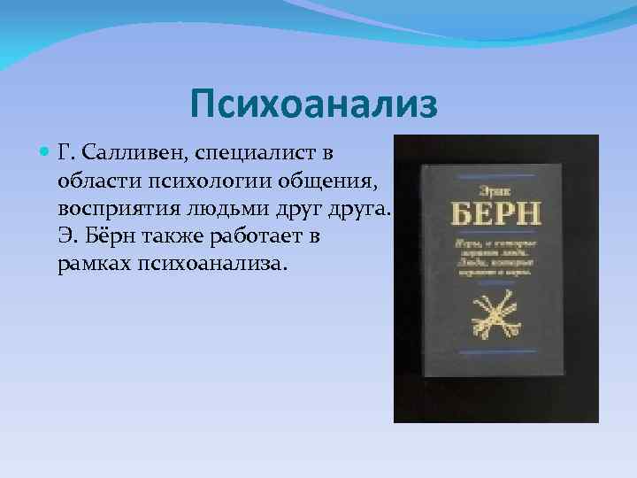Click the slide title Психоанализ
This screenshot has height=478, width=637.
pos(313,105)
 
